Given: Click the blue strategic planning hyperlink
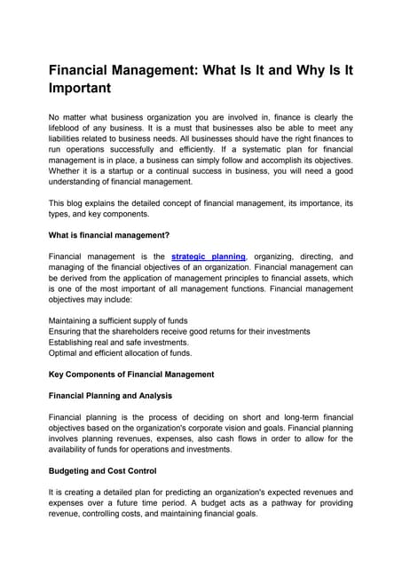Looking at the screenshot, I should [x=209, y=256].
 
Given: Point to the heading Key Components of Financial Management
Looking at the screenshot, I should [x=131, y=374].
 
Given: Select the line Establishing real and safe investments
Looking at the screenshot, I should [x=119, y=342].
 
